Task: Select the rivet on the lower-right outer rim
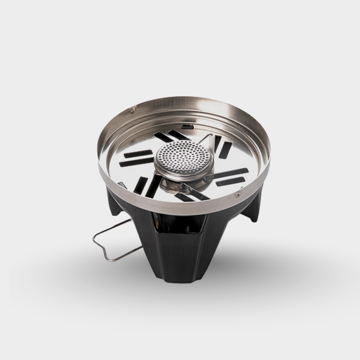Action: (237, 194)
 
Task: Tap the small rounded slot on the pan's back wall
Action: (187, 126)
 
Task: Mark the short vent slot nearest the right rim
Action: (225, 150)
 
